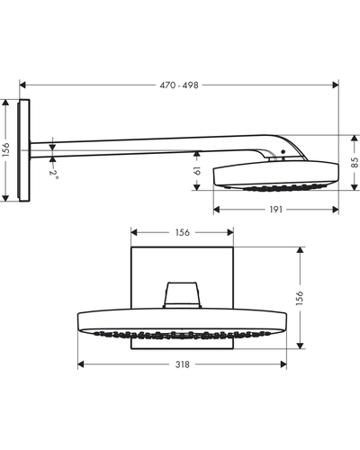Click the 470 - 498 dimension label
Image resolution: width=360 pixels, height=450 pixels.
point(179,85)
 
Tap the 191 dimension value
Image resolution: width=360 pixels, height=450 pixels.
point(275,210)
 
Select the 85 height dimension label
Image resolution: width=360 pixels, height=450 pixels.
point(355,162)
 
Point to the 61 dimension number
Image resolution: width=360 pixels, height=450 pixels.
point(197,170)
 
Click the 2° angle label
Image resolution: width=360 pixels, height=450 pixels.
point(54,175)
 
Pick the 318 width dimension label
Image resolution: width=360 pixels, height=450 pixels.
point(183,364)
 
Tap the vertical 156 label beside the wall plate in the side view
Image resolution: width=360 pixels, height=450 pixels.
point(5,150)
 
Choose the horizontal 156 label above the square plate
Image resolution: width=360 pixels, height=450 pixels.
point(183,232)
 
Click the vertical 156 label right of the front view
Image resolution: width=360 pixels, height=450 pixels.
point(300,298)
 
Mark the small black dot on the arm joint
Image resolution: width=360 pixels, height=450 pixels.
point(283,152)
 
